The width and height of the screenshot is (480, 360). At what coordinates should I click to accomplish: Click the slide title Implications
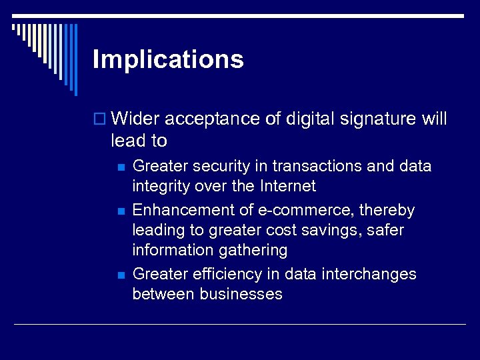168,60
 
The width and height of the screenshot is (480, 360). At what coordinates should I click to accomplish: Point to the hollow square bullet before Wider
101,120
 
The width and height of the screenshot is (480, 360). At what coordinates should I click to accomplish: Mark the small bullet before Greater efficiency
119,275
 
